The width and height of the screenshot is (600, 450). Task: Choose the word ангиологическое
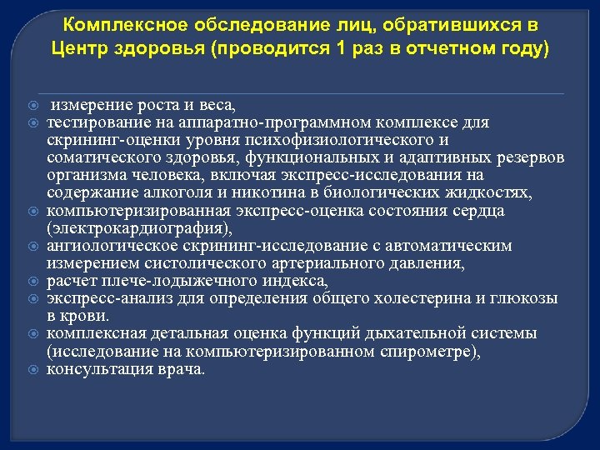(x=107, y=246)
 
